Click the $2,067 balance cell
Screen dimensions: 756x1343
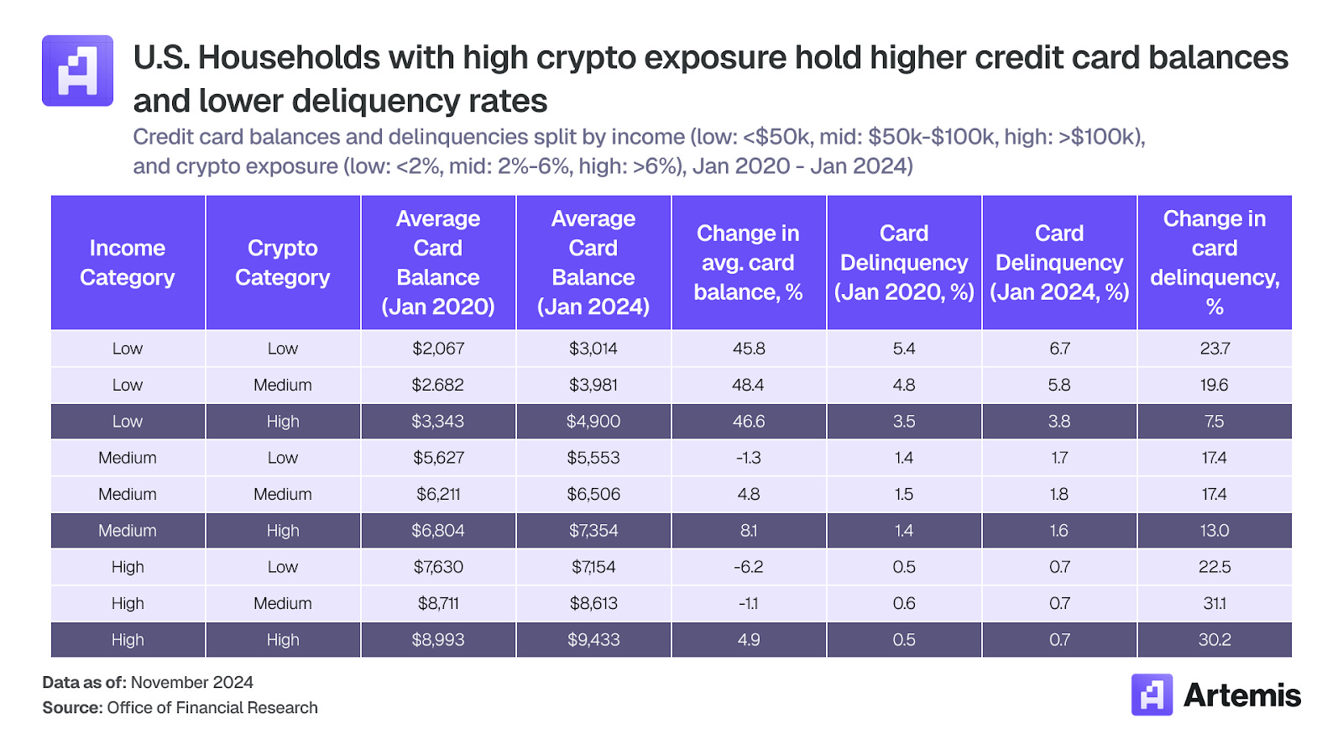coord(438,349)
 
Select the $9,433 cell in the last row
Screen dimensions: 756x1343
coord(593,640)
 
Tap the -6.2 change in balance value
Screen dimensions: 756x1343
coord(748,567)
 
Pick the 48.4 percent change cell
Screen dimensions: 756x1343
coord(748,385)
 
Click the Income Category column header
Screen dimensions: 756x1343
coord(128,263)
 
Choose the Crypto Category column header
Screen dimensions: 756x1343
coord(283,263)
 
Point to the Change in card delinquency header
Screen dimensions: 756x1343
coord(1215,263)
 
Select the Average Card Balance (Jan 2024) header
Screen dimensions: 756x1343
coord(593,263)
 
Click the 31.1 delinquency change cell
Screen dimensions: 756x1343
coord(1215,603)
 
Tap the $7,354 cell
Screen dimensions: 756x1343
coord(593,531)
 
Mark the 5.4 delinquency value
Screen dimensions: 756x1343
coord(904,349)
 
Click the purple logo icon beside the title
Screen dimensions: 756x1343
coord(78,71)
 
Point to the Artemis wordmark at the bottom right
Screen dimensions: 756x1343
coord(1241,696)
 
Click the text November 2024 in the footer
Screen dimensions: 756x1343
coord(192,683)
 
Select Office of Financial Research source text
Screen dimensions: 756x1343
coord(212,708)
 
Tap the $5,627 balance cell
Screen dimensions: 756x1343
coord(438,458)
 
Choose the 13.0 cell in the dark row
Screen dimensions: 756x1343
coord(1215,531)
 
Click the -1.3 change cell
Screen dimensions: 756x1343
coord(748,458)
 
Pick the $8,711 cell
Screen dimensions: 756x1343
coord(438,603)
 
